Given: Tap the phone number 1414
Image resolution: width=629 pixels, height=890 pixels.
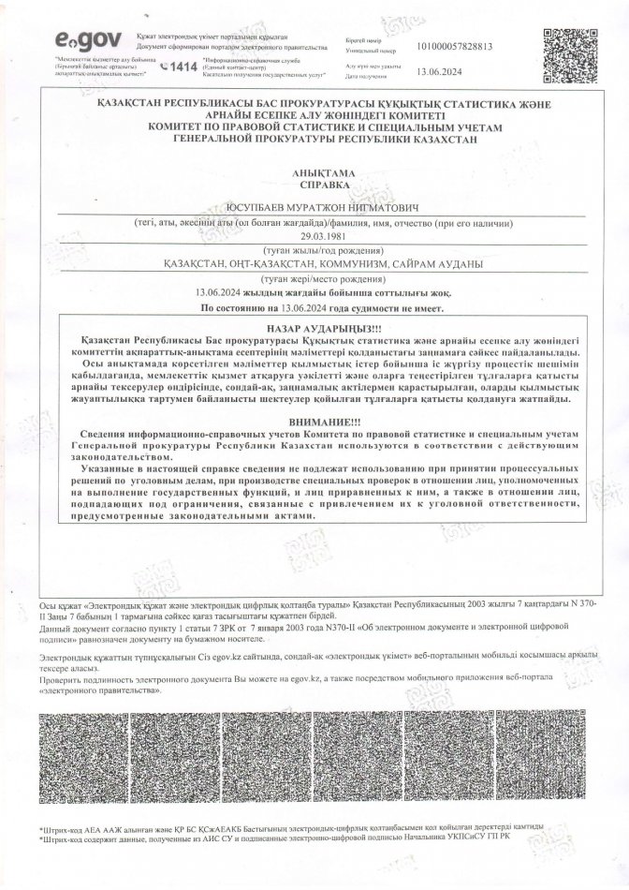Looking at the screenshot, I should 181,67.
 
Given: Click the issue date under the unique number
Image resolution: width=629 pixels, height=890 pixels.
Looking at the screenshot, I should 433,70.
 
